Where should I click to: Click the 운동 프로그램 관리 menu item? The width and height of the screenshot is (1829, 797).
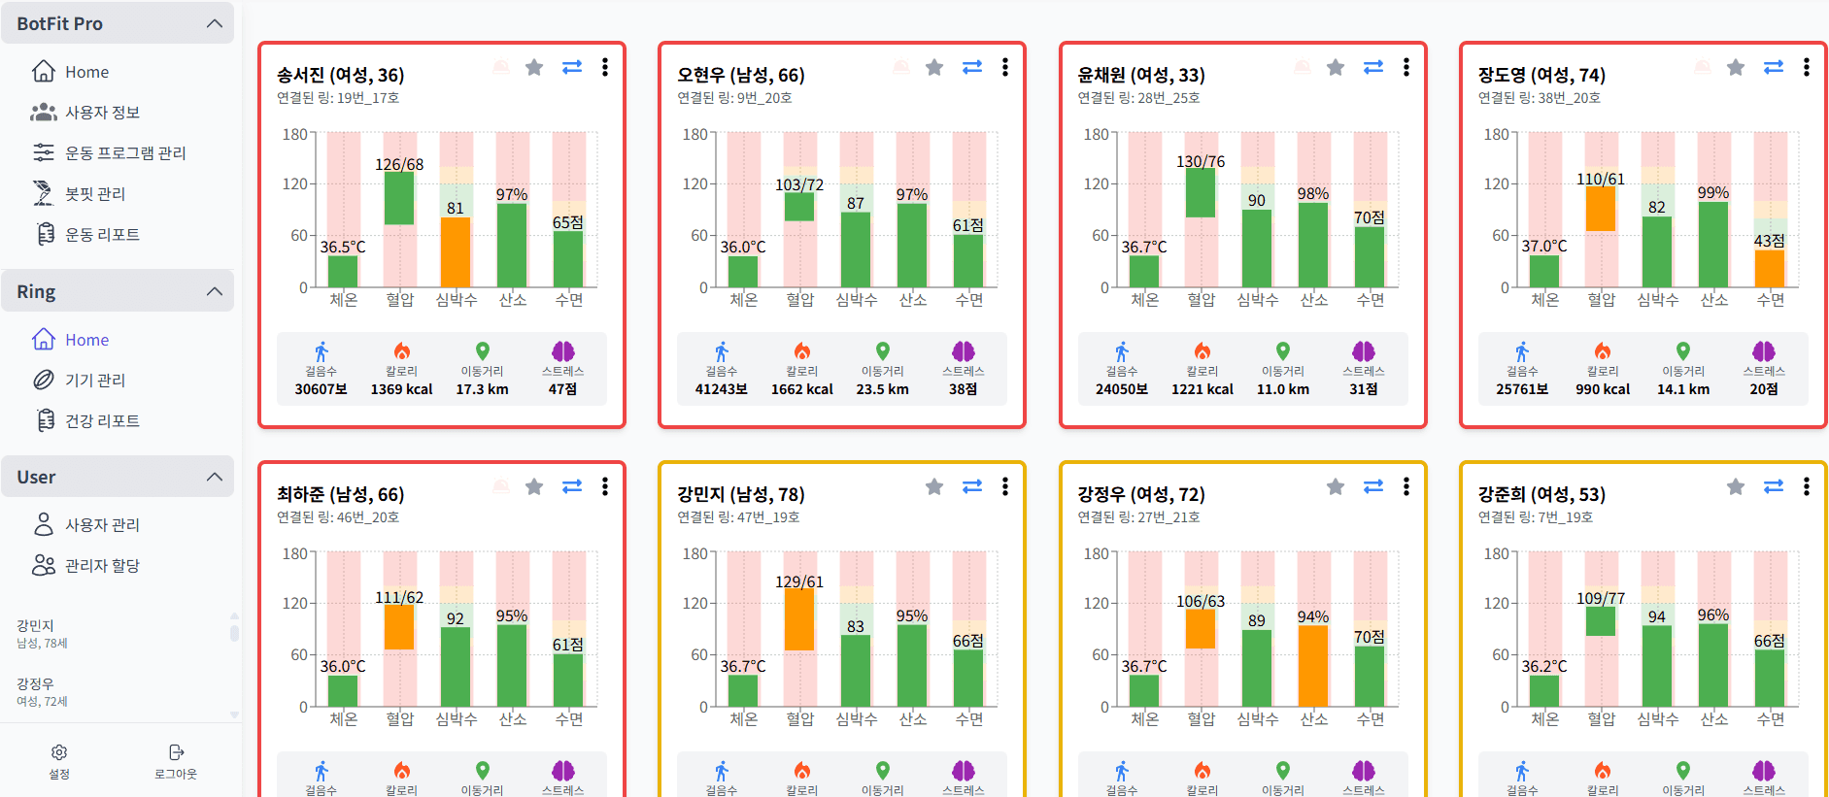[124, 152]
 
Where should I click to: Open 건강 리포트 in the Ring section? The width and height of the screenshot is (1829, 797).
[102, 420]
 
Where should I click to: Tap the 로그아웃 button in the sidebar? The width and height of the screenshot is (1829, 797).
[176, 761]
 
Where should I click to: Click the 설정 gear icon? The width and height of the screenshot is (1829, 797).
[59, 753]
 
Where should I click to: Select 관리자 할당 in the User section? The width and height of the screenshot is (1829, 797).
[102, 565]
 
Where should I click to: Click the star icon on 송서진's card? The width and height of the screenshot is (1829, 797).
[534, 67]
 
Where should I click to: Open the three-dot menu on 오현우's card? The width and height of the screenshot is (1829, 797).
[1005, 67]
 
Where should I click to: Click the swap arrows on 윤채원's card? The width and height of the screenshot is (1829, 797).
[1372, 67]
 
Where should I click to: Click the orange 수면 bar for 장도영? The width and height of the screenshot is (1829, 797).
[1770, 268]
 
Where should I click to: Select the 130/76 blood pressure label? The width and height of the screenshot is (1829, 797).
[1201, 161]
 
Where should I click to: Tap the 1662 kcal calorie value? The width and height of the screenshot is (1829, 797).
[802, 389]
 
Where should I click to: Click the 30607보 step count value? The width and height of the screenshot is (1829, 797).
[322, 389]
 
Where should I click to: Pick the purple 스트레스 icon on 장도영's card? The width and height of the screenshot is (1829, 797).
[1764, 351]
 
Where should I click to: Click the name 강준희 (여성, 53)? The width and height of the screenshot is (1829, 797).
[1541, 494]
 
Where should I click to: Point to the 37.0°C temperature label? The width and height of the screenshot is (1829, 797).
[1544, 247]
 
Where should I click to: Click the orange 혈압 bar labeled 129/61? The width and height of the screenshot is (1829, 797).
[799, 619]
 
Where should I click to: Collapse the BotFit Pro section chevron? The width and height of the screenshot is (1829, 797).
[215, 23]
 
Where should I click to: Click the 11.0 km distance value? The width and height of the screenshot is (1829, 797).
[1283, 389]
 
